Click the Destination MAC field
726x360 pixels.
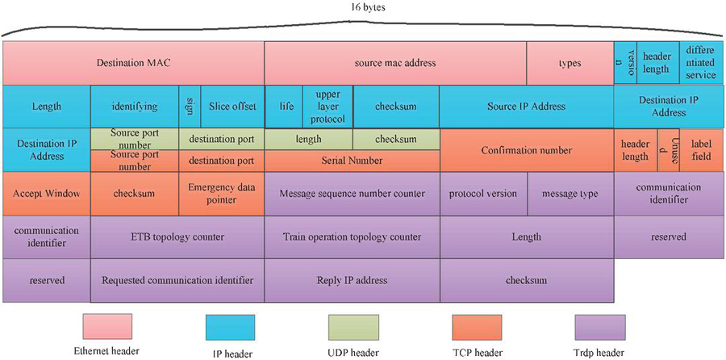[x=133, y=63]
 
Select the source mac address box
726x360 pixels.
[x=395, y=63]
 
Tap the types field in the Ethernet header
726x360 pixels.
[x=570, y=63]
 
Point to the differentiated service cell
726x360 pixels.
[x=699, y=62]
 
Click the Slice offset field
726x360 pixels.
[x=232, y=106]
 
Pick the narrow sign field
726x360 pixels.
[x=189, y=106]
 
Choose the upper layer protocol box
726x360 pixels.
[x=328, y=106]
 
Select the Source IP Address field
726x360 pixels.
[x=526, y=106]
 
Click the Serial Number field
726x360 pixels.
[x=352, y=160]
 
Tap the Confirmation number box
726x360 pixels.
[x=526, y=150]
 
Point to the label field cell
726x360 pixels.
[x=701, y=150]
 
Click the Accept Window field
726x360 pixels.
[x=46, y=194]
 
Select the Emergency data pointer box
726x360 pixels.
[x=221, y=194]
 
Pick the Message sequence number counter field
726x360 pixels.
[x=352, y=194]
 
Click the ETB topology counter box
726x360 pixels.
[x=177, y=237]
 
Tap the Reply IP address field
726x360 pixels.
[x=352, y=280]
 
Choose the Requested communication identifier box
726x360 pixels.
[x=177, y=280]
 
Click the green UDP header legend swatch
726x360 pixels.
[x=353, y=327]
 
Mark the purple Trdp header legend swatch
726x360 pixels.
[x=599, y=327]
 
